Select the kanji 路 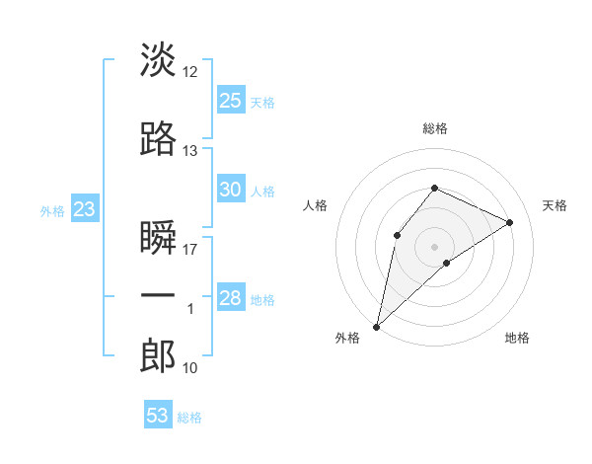pyautogui.click(x=158, y=140)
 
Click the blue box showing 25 pyautogui.click(x=231, y=100)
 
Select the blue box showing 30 pyautogui.click(x=231, y=190)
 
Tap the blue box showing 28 pyautogui.click(x=231, y=298)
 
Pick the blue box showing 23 pyautogui.click(x=84, y=209)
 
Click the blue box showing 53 pyautogui.click(x=158, y=416)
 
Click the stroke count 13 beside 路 pyautogui.click(x=190, y=150)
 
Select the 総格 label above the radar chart pyautogui.click(x=435, y=128)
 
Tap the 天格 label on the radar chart pyautogui.click(x=555, y=205)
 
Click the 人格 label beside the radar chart pyautogui.click(x=316, y=205)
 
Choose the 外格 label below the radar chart pyautogui.click(x=347, y=339)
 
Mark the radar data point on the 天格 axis pyautogui.click(x=510, y=222)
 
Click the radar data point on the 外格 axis pyautogui.click(x=376, y=327)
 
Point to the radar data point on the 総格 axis pyautogui.click(x=434, y=189)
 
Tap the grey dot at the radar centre pyautogui.click(x=434, y=246)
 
